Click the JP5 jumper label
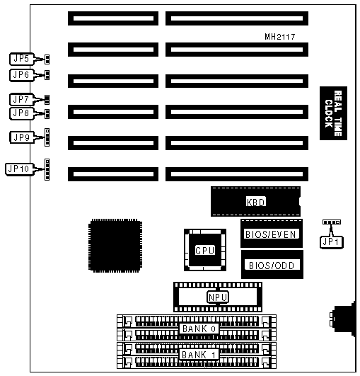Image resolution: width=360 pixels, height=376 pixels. (22, 59)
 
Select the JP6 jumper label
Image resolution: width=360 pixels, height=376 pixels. (22, 75)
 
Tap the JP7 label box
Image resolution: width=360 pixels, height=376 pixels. (21, 99)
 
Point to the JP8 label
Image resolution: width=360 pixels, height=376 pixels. (21, 113)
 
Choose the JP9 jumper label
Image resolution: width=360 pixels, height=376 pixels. (22, 137)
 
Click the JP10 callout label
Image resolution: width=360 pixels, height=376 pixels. (19, 169)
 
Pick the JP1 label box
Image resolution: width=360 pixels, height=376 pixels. (332, 242)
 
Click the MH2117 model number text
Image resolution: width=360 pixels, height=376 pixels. (280, 37)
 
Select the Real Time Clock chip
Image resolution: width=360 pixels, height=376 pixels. (333, 113)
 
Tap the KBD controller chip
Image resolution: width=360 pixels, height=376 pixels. (256, 202)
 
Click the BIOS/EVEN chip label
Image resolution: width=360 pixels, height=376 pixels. (271, 234)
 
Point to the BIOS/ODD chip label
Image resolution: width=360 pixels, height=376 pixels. (272, 266)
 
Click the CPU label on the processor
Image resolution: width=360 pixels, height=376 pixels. (205, 251)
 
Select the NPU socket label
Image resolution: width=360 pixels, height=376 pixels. (218, 297)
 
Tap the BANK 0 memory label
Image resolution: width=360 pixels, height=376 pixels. (199, 329)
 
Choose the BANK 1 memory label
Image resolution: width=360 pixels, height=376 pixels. (199, 355)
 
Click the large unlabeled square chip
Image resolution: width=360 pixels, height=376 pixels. (115, 246)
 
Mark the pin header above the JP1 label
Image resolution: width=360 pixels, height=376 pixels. (332, 222)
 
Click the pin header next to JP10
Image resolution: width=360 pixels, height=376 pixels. (47, 169)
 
